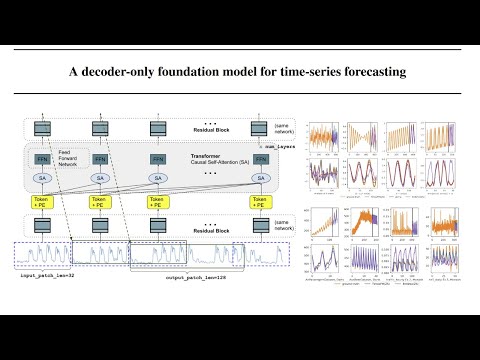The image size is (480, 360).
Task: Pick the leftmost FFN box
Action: [x=43, y=159]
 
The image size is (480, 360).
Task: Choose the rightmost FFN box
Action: [x=260, y=159]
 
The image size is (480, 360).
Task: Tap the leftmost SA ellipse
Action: [x=43, y=178]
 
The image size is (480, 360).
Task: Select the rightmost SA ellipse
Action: [x=260, y=178]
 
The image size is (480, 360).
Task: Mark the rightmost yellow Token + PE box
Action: [x=260, y=202]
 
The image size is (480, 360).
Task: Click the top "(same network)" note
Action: [x=286, y=127]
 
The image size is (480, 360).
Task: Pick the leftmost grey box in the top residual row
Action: [x=43, y=127]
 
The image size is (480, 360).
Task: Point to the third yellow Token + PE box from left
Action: [x=158, y=202]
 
